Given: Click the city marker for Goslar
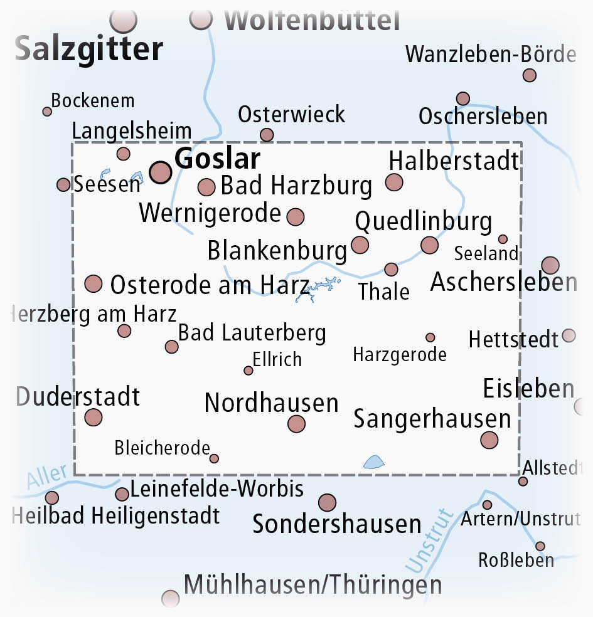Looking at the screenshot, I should click(x=161, y=172).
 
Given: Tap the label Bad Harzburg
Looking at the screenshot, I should click(x=297, y=186).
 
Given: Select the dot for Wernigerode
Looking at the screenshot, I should click(x=296, y=217).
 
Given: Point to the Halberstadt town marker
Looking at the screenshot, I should click(x=394, y=182).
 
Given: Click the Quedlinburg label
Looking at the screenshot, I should click(x=424, y=221).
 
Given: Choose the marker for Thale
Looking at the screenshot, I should click(x=391, y=270).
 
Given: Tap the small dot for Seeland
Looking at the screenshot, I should click(x=503, y=239).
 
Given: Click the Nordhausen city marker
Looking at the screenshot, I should click(x=296, y=424).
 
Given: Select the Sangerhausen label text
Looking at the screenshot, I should click(x=432, y=419).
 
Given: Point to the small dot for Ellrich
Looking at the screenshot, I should click(x=248, y=371).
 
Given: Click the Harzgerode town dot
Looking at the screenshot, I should click(x=430, y=337).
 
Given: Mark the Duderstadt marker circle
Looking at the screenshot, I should click(x=93, y=417).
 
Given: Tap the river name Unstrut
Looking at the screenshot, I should click(x=430, y=541).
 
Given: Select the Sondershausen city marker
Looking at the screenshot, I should click(x=327, y=502).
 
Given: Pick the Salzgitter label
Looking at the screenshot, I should click(x=89, y=49).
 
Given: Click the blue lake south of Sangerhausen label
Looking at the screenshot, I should click(x=374, y=463).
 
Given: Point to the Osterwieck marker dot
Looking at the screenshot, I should click(x=267, y=135).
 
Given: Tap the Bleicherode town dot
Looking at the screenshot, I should click(x=214, y=458).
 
